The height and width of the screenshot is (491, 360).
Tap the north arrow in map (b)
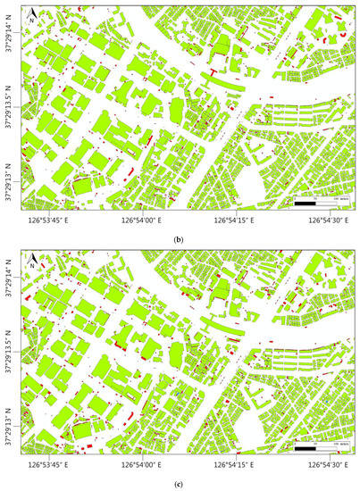point(31,13)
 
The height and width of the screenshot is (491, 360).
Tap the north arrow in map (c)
point(31,262)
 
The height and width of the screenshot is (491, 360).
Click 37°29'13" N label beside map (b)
point(9,180)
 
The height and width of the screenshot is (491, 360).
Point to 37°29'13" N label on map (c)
point(9,429)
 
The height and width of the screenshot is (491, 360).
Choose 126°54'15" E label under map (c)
point(234,465)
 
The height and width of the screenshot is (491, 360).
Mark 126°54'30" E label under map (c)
point(328,465)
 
